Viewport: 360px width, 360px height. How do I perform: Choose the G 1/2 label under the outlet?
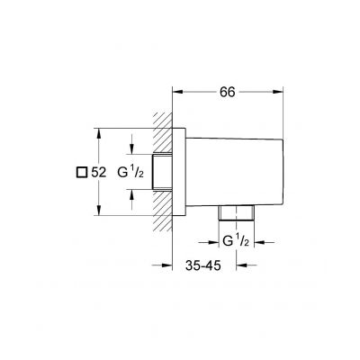236,240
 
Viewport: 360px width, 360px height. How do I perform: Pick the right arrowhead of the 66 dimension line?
280,91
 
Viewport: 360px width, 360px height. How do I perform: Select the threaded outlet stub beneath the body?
236,214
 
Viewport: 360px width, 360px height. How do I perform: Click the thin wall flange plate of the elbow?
180,171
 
